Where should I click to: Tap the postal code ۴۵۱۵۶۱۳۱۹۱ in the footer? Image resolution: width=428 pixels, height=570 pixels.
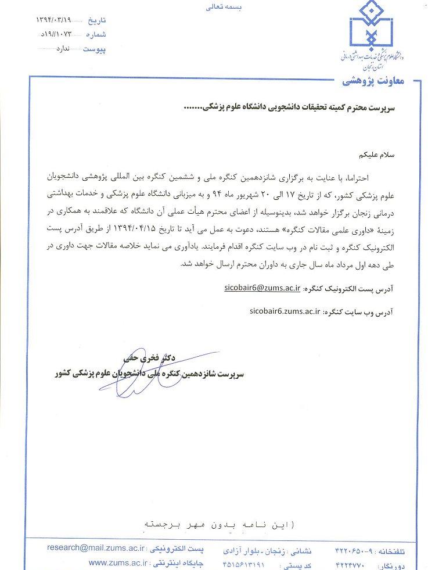click(x=243, y=564)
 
